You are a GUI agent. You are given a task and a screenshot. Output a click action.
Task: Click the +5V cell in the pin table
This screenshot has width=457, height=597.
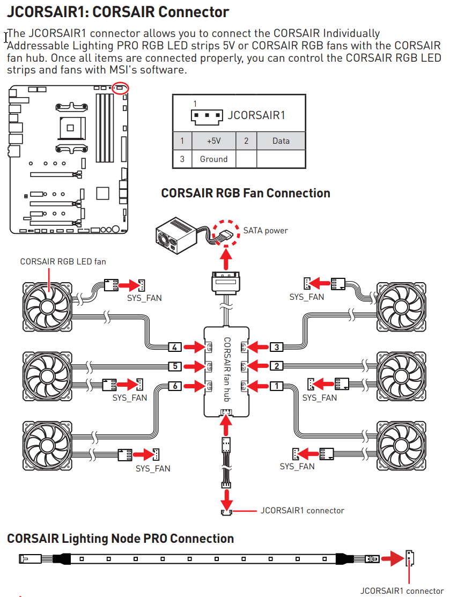[213, 141]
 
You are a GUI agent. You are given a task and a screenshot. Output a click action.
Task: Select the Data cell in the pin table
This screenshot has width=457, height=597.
[281, 141]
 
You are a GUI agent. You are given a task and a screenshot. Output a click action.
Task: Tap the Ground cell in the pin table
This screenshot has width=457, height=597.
[213, 159]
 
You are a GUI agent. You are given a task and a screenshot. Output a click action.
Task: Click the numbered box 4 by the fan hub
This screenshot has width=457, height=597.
[174, 347]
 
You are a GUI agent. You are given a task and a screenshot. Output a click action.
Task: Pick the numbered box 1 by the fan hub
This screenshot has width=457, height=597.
[276, 386]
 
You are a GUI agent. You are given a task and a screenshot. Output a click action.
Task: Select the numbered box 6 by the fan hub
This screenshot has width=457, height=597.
[175, 386]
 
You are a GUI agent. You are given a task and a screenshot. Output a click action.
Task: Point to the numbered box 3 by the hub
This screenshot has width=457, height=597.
[276, 347]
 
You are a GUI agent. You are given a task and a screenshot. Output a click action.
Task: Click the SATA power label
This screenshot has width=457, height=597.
[266, 231]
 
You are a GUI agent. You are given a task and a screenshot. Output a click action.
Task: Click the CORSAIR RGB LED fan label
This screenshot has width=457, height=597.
[63, 262]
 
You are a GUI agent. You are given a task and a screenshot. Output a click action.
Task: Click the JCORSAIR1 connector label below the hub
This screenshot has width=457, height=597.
[302, 511]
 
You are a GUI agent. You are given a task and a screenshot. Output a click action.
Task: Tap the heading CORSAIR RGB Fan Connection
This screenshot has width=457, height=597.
[246, 193]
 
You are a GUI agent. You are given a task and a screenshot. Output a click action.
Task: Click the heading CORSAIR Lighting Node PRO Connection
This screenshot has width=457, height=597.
[120, 539]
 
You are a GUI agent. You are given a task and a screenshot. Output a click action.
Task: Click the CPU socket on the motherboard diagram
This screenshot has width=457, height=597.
[71, 128]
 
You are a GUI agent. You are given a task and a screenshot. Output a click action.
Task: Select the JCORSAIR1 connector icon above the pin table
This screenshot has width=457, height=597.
[207, 117]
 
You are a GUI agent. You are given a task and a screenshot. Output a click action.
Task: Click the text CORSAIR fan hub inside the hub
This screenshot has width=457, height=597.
[227, 370]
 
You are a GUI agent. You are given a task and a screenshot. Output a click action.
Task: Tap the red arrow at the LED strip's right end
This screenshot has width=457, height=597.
[393, 559]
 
